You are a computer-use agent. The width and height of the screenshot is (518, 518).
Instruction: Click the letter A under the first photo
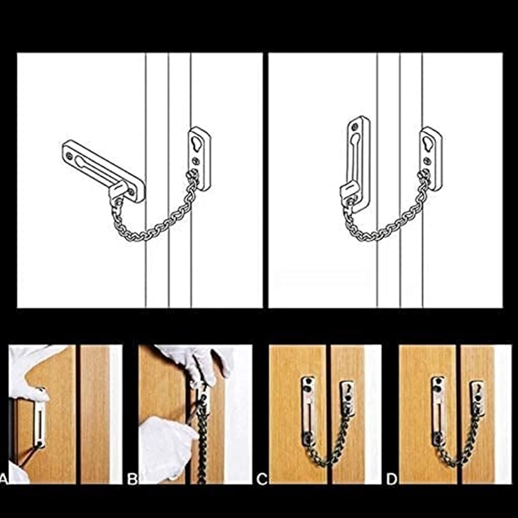point(3,479)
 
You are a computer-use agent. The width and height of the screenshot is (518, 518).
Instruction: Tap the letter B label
point(133,479)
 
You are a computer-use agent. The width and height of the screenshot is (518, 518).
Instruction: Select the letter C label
point(262,479)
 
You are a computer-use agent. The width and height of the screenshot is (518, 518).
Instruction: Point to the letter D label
point(392,479)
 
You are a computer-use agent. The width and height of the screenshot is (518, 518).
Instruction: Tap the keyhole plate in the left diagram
point(200,158)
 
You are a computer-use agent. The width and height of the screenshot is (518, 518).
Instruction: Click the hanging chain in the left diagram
point(152,228)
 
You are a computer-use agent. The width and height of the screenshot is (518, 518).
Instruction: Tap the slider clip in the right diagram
point(350,193)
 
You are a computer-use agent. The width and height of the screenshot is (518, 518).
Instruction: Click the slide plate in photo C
point(308,410)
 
